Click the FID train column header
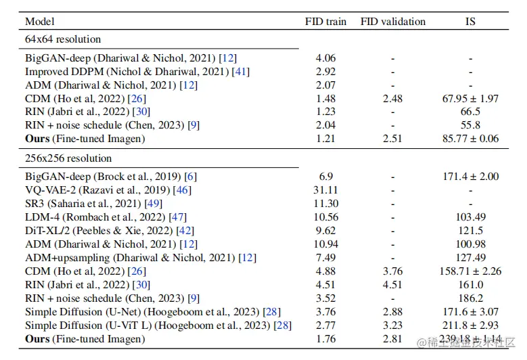[325, 22]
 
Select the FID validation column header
[392, 22]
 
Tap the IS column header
[470, 22]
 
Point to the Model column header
[39, 22]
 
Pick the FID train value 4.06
[325, 58]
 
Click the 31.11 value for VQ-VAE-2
[325, 190]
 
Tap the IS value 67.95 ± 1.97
[470, 99]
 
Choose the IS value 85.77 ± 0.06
[470, 139]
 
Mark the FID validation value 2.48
[392, 99]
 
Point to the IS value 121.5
[470, 231]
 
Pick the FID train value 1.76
[325, 338]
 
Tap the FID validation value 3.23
[392, 325]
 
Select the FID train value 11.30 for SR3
[325, 204]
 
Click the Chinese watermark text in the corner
[467, 344]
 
